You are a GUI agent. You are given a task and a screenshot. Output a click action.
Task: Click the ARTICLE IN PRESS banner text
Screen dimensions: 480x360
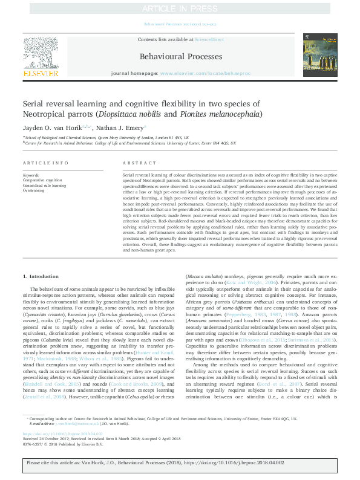179,9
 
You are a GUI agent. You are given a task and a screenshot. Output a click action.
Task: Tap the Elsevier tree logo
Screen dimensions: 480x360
41,52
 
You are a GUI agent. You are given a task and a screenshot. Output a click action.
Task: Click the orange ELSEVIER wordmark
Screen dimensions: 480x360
41,73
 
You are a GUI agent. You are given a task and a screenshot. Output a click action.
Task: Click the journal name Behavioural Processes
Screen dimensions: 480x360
180,57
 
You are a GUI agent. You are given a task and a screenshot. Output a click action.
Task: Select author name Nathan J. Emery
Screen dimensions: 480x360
120,128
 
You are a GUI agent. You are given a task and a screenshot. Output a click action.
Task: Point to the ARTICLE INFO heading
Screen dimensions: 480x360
46,163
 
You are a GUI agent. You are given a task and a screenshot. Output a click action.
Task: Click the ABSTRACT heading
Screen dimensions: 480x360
136,163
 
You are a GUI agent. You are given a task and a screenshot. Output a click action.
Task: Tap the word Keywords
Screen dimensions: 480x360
31,175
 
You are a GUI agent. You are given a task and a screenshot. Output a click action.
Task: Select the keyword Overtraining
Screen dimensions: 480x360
34,190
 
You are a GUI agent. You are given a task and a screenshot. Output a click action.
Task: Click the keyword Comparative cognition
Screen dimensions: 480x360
43,180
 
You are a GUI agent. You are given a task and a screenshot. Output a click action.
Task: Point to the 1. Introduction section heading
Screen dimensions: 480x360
41,276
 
